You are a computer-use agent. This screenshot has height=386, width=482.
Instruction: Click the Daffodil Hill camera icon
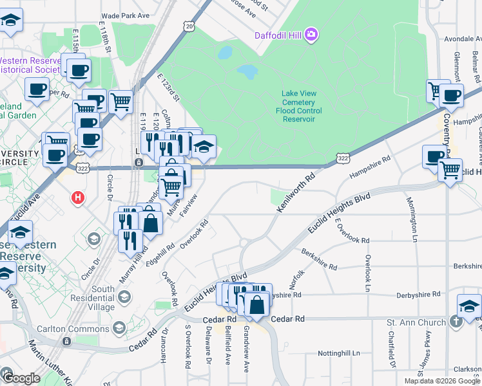coord(311,33)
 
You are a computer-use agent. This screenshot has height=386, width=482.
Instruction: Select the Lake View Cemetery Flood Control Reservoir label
coord(298,106)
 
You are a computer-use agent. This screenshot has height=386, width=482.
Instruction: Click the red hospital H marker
coord(79,198)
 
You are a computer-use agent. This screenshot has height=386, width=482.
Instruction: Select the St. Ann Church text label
coord(416,322)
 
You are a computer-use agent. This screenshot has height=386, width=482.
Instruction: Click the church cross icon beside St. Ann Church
coord(456,322)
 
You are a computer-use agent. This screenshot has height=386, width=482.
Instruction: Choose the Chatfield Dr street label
coord(391,348)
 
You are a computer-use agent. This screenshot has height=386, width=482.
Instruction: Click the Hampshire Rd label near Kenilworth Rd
coord(370,168)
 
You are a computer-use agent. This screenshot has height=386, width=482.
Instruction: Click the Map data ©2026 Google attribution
coord(443,381)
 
